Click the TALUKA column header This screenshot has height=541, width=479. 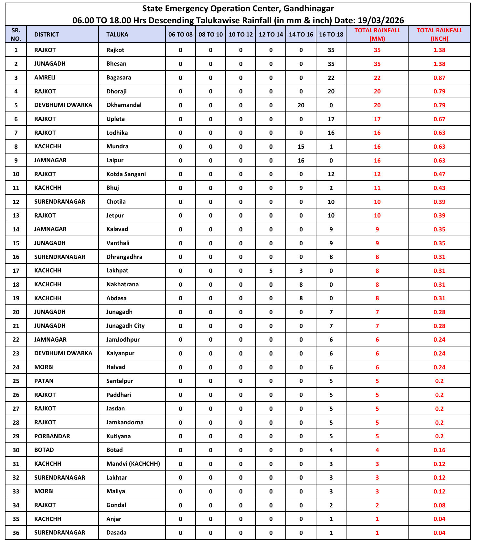pos(117,35)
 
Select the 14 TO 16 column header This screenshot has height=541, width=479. pos(301,35)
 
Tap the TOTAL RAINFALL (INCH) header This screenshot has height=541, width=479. pos(439,34)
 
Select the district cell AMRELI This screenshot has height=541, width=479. pos(45,78)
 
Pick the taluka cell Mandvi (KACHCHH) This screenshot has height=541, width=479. pos(133,464)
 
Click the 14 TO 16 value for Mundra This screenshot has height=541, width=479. pos(301,146)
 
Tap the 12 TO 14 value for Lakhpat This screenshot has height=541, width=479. pos(271,270)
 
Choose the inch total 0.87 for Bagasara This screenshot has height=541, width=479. pos(439,78)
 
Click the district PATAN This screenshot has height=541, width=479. pos(44,381)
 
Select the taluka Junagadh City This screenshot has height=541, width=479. pos(125,326)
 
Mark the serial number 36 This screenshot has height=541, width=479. pos(16,533)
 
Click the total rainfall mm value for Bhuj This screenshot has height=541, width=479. pos(377,188)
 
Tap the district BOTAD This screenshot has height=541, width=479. pos(44,450)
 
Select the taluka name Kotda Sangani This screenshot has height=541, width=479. pos(126,174)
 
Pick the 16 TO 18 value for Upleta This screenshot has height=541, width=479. pos(331,119)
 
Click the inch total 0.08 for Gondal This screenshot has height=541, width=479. pos(439,505)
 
